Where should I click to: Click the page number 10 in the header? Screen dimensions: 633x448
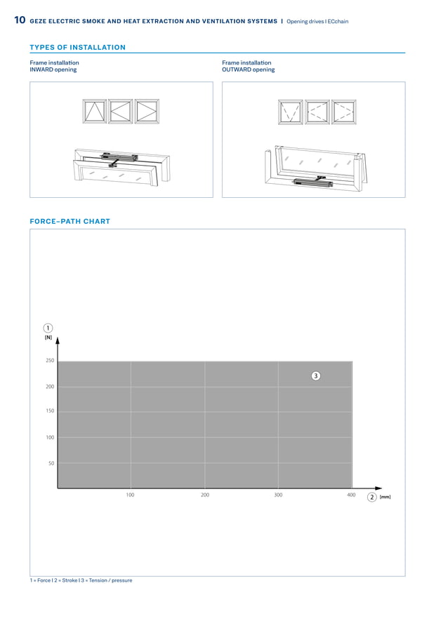tap(20, 21)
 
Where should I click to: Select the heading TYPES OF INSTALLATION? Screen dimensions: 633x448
tap(77, 48)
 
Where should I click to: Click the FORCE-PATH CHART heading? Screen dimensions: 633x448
tap(70, 221)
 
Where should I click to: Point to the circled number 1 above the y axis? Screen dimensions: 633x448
tap(48, 328)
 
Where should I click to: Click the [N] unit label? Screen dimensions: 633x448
tap(48, 338)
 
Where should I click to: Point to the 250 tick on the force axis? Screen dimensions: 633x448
tap(49, 361)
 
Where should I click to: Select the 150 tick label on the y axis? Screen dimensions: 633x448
tap(49, 411)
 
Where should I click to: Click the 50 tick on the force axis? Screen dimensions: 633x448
tap(51, 463)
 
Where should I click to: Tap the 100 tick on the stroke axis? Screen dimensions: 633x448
tap(130, 495)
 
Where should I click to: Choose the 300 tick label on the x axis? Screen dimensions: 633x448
tap(278, 495)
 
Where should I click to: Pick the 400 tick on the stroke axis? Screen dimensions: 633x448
tap(351, 495)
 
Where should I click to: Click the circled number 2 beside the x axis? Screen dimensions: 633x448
tap(371, 497)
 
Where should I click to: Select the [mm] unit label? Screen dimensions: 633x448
tap(385, 497)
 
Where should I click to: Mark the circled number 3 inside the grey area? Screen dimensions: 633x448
tap(316, 376)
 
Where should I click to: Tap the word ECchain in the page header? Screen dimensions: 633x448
tap(337, 22)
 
